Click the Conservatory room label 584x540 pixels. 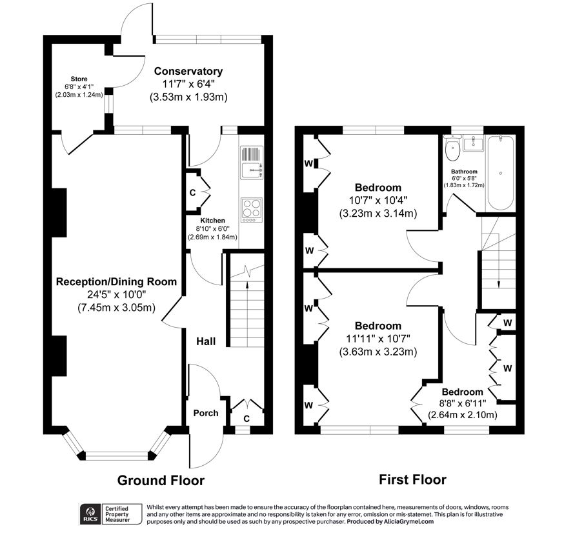[x=188, y=71]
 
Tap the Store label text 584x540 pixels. [x=79, y=79]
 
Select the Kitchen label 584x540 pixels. [x=213, y=221]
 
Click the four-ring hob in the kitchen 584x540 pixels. [x=252, y=210]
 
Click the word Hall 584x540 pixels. [x=206, y=341]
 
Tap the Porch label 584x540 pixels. [x=206, y=413]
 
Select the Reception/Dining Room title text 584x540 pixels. [x=116, y=281]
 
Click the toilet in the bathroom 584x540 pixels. [x=452, y=148]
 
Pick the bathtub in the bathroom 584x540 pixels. [x=501, y=173]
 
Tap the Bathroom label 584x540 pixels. [x=464, y=172]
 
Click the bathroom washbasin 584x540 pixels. [x=473, y=143]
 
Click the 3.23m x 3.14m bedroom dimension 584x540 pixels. [x=378, y=214]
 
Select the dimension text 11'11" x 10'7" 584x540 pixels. [x=378, y=339]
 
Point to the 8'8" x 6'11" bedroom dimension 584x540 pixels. [x=463, y=403]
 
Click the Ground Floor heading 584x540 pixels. [x=161, y=481]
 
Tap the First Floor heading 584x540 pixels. [x=413, y=479]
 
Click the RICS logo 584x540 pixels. [x=90, y=514]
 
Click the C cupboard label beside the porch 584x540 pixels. [x=247, y=419]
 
